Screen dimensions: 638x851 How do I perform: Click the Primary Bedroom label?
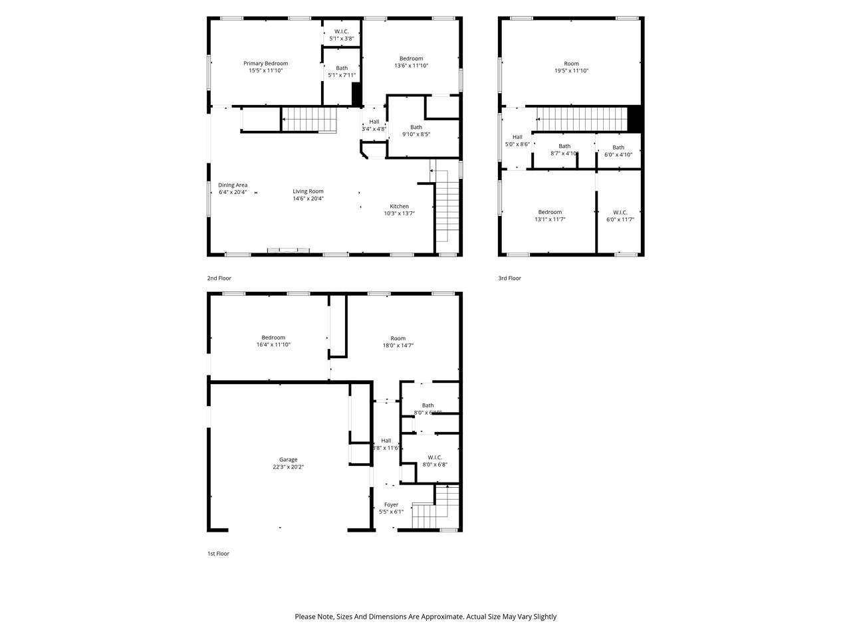[x=265, y=64]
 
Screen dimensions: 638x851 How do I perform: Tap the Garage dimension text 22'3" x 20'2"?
[x=288, y=467]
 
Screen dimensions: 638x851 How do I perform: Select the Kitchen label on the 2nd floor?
[x=399, y=206]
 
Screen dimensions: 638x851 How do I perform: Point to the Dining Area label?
[x=233, y=185]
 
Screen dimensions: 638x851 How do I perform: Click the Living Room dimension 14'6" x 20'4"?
[x=308, y=198]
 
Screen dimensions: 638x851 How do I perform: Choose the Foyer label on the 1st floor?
[x=391, y=504]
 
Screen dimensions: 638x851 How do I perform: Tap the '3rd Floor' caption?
[x=509, y=278]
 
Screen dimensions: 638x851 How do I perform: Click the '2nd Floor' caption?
[x=219, y=278]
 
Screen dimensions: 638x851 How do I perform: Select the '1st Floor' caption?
[x=218, y=554]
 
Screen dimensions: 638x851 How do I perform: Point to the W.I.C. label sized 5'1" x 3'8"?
[x=341, y=31]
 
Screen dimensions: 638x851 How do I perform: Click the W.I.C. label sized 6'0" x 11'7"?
[x=620, y=213]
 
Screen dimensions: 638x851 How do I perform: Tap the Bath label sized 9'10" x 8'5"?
[x=416, y=127]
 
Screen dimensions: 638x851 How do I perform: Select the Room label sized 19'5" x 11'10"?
[x=571, y=64]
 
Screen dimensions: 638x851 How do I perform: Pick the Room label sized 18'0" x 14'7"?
[x=398, y=338]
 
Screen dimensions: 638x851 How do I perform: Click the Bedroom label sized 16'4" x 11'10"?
[x=273, y=338]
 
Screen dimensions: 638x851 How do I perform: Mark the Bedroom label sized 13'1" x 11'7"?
[x=550, y=213]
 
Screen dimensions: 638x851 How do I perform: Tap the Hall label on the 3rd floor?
[x=517, y=137]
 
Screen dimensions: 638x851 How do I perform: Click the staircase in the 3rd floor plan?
[x=582, y=120]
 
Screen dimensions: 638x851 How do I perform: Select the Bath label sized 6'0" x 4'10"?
[x=618, y=148]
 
